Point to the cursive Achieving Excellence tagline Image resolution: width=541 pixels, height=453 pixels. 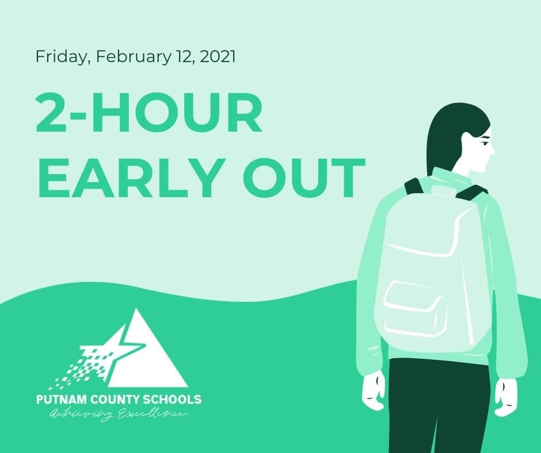118,413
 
